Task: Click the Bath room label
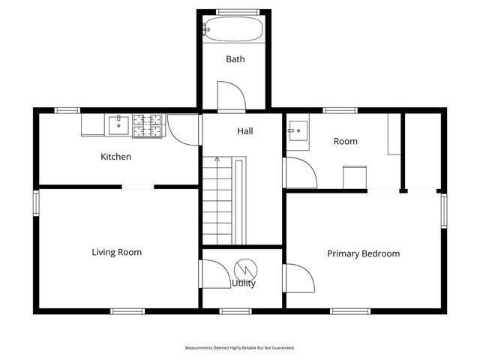(x=235, y=59)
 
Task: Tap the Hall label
(x=245, y=131)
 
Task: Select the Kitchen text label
(x=115, y=157)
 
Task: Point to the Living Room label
(x=117, y=252)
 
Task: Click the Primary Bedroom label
(x=363, y=253)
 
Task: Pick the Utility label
(x=243, y=283)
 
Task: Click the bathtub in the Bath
(x=234, y=29)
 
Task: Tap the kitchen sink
(x=118, y=125)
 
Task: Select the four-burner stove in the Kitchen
(x=147, y=126)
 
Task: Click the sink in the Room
(x=298, y=130)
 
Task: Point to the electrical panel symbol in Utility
(x=245, y=270)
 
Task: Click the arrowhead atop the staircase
(x=217, y=159)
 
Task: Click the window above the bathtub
(x=238, y=12)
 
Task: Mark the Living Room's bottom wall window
(x=127, y=311)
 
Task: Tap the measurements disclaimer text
(x=240, y=348)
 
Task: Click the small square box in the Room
(x=355, y=178)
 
